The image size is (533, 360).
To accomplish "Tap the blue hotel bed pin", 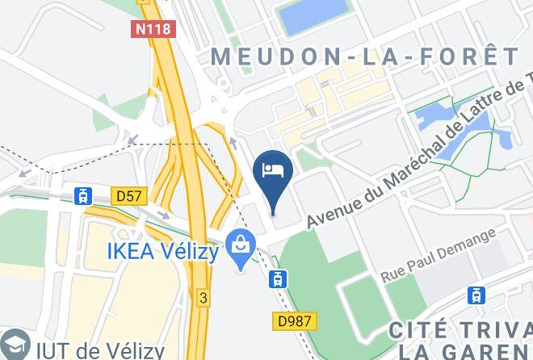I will (272, 171).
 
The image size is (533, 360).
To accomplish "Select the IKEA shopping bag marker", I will (240, 241).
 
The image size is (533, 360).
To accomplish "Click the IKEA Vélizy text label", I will (163, 252).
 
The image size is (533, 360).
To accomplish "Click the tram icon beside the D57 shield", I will (82, 195).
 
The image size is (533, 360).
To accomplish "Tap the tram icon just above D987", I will (277, 279).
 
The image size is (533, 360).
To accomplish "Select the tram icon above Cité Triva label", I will (477, 295).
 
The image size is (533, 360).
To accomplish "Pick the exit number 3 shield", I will (204, 298).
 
